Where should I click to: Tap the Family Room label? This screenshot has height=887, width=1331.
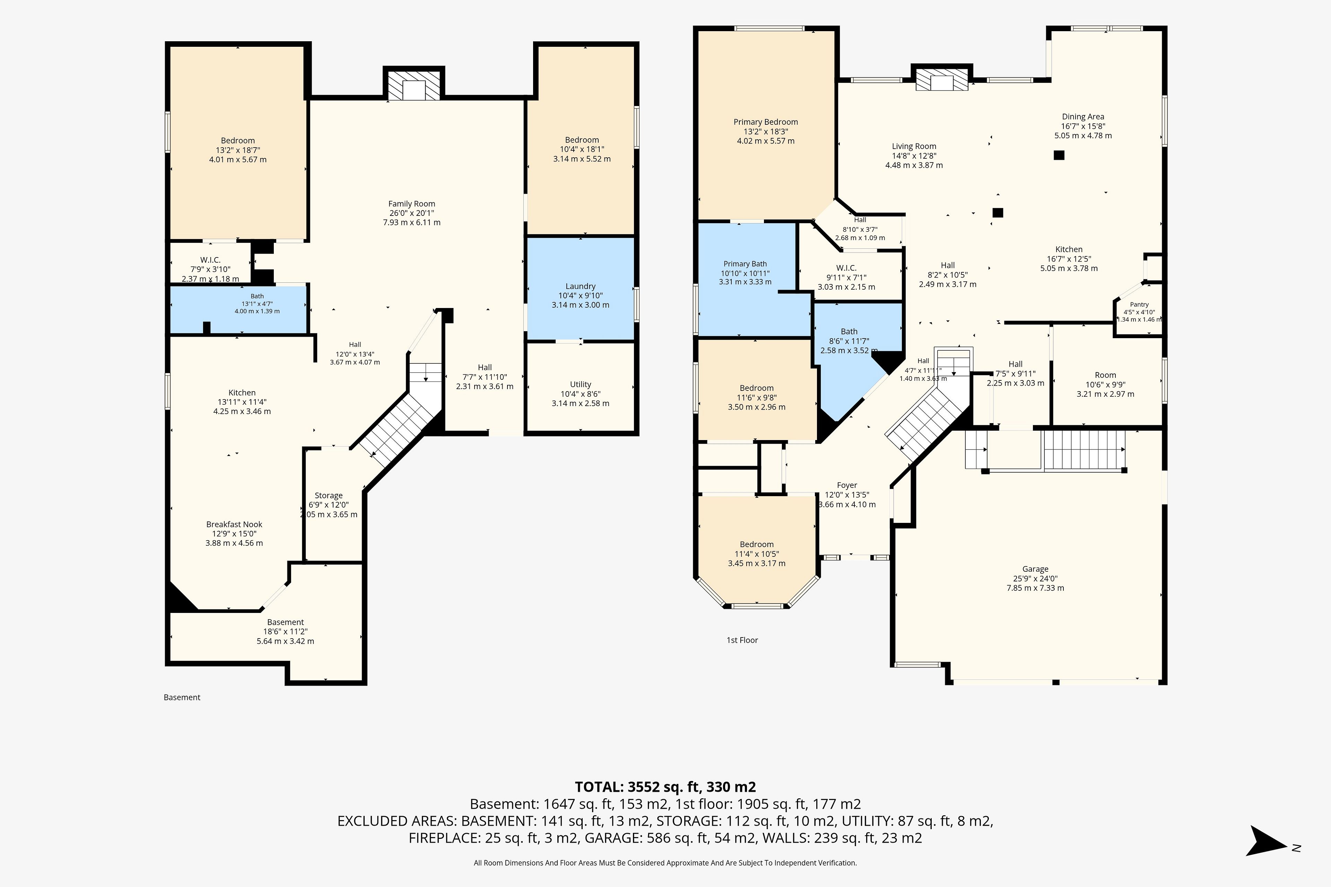point(411,204)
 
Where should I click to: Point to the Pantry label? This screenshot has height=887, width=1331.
point(1139,304)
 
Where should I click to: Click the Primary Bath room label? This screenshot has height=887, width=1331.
point(745,264)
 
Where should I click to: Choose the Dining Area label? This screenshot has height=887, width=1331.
point(1082,116)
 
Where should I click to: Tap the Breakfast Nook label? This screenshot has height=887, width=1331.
point(234,524)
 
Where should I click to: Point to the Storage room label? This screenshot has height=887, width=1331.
point(329,495)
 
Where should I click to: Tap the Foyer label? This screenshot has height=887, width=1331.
point(847,485)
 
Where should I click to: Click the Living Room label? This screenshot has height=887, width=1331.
point(914,146)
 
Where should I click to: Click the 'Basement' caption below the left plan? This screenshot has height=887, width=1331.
point(182,697)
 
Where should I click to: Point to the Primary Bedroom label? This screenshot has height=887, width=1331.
point(766,122)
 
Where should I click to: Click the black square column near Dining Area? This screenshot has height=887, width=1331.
point(1059,155)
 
